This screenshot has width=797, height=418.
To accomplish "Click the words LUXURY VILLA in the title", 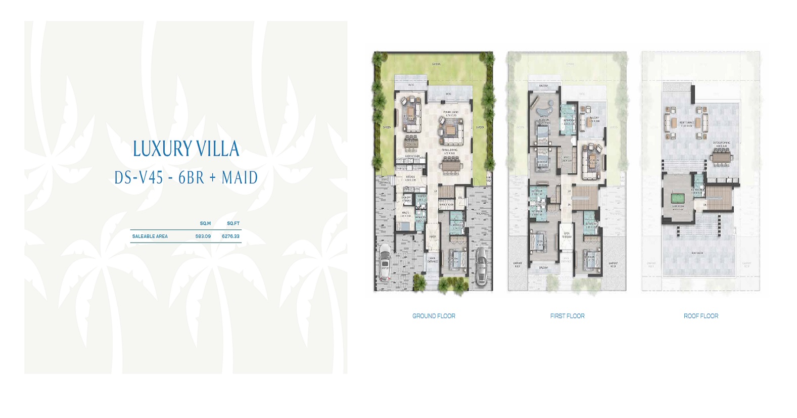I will [186, 149].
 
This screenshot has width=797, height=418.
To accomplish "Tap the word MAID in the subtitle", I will [240, 178].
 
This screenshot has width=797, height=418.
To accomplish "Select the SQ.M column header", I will [205, 223].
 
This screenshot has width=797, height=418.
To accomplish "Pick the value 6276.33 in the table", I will [230, 236].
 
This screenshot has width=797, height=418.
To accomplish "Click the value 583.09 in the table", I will [203, 236].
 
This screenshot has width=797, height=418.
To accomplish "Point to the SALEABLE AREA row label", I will [150, 236].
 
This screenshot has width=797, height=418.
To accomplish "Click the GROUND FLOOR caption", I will [434, 316].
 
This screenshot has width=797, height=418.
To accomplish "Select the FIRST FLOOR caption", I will [567, 316].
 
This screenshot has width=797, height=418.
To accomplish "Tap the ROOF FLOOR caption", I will [700, 316].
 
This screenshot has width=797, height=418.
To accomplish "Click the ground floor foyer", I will [433, 237].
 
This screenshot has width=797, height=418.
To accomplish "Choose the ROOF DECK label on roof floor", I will [697, 253].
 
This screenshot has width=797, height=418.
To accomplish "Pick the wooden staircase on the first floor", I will [586, 195].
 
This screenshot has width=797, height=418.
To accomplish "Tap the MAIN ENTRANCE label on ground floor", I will [433, 260].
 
